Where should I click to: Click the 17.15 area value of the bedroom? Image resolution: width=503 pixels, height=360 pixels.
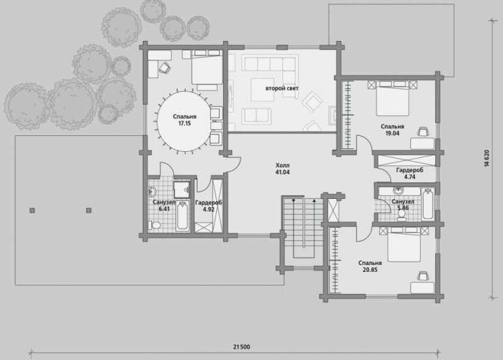coord(184,123)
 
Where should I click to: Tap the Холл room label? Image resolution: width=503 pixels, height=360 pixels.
coord(282,166)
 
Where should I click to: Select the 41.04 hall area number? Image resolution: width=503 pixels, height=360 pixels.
coord(282,172)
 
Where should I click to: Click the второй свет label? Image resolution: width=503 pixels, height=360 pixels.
coord(282,88)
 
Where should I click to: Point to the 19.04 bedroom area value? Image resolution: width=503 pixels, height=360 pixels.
coord(392,133)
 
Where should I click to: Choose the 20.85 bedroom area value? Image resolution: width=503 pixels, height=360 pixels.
coord(370,270)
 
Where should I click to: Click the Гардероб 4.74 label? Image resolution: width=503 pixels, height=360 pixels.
coord(410,173)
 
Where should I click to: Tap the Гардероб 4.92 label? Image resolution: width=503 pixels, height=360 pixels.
coord(209,206)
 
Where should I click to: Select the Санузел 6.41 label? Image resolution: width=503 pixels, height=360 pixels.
coord(164,206)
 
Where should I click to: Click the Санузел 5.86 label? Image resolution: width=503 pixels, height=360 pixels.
coord(403,205)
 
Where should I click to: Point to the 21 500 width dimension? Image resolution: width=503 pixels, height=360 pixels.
coord(241,347)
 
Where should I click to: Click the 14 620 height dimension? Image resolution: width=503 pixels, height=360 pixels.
coord(488,159)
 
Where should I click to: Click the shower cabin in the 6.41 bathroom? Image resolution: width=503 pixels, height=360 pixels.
coord(182,189)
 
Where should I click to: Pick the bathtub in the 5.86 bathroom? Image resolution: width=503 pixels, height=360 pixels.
coord(428,204)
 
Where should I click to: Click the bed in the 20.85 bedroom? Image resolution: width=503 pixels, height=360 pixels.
coord(404,244)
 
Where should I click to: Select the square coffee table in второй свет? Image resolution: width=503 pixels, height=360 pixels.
coord(262,89)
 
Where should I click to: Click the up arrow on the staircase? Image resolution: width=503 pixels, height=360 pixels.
coord(314,201)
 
